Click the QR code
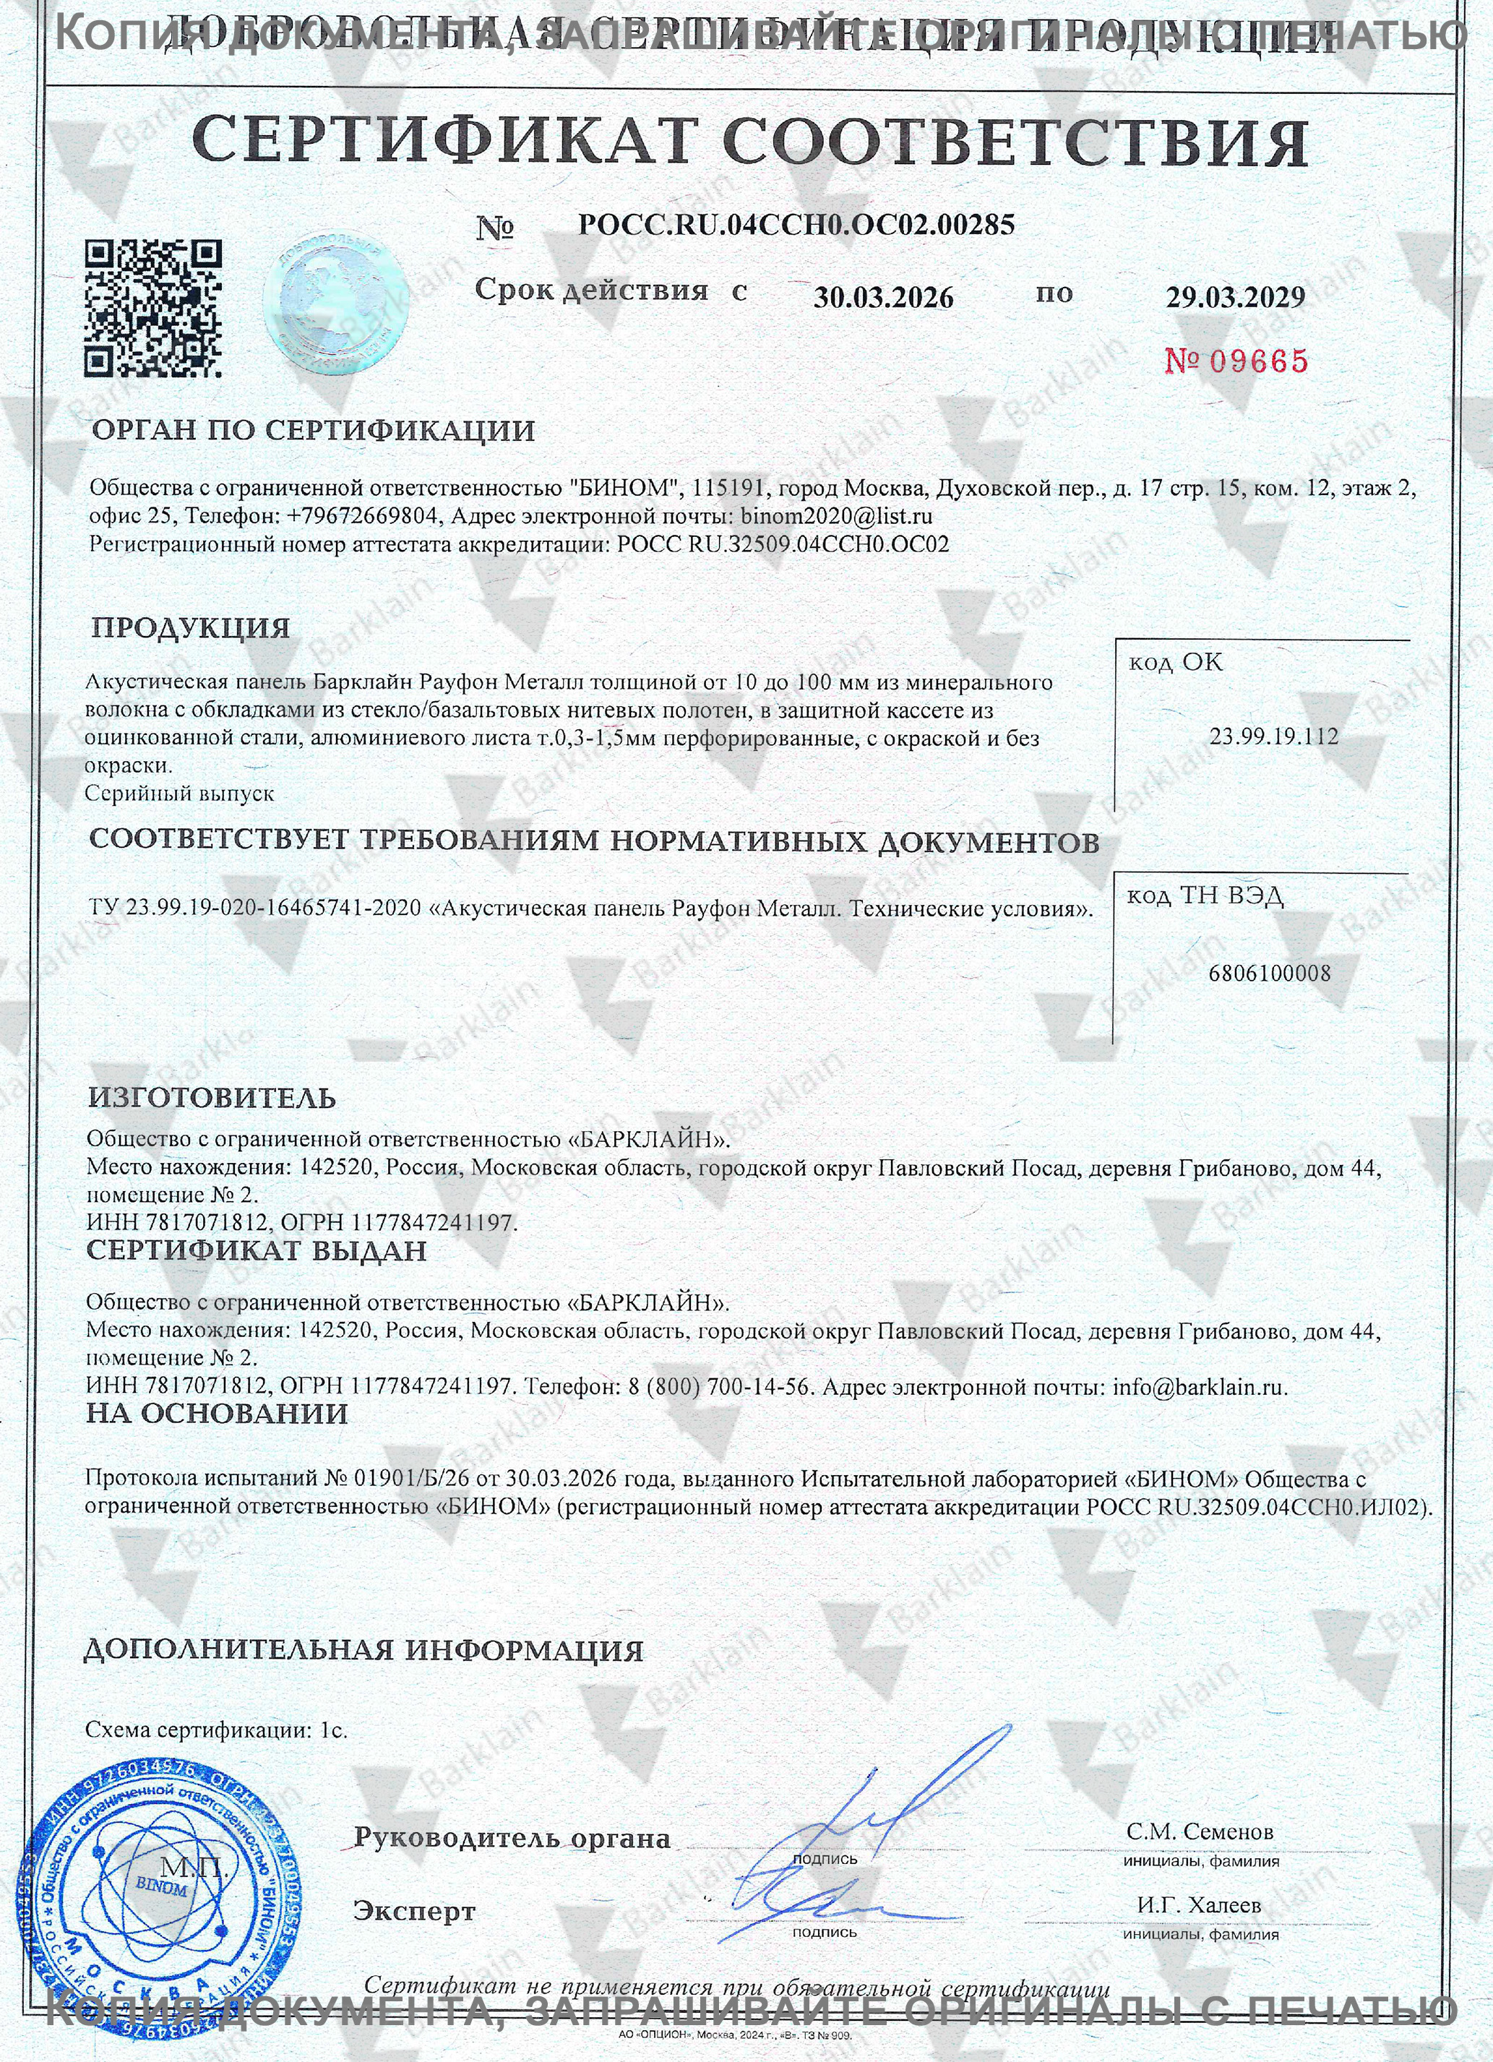152,309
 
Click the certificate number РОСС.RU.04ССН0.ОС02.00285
796,225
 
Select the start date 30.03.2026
883,297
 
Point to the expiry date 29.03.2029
1236,297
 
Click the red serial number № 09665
1236,361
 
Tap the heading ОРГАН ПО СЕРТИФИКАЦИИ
313,431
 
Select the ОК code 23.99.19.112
1273,736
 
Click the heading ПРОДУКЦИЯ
191,628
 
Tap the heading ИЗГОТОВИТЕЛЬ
212,1099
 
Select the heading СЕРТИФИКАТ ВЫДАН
257,1251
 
